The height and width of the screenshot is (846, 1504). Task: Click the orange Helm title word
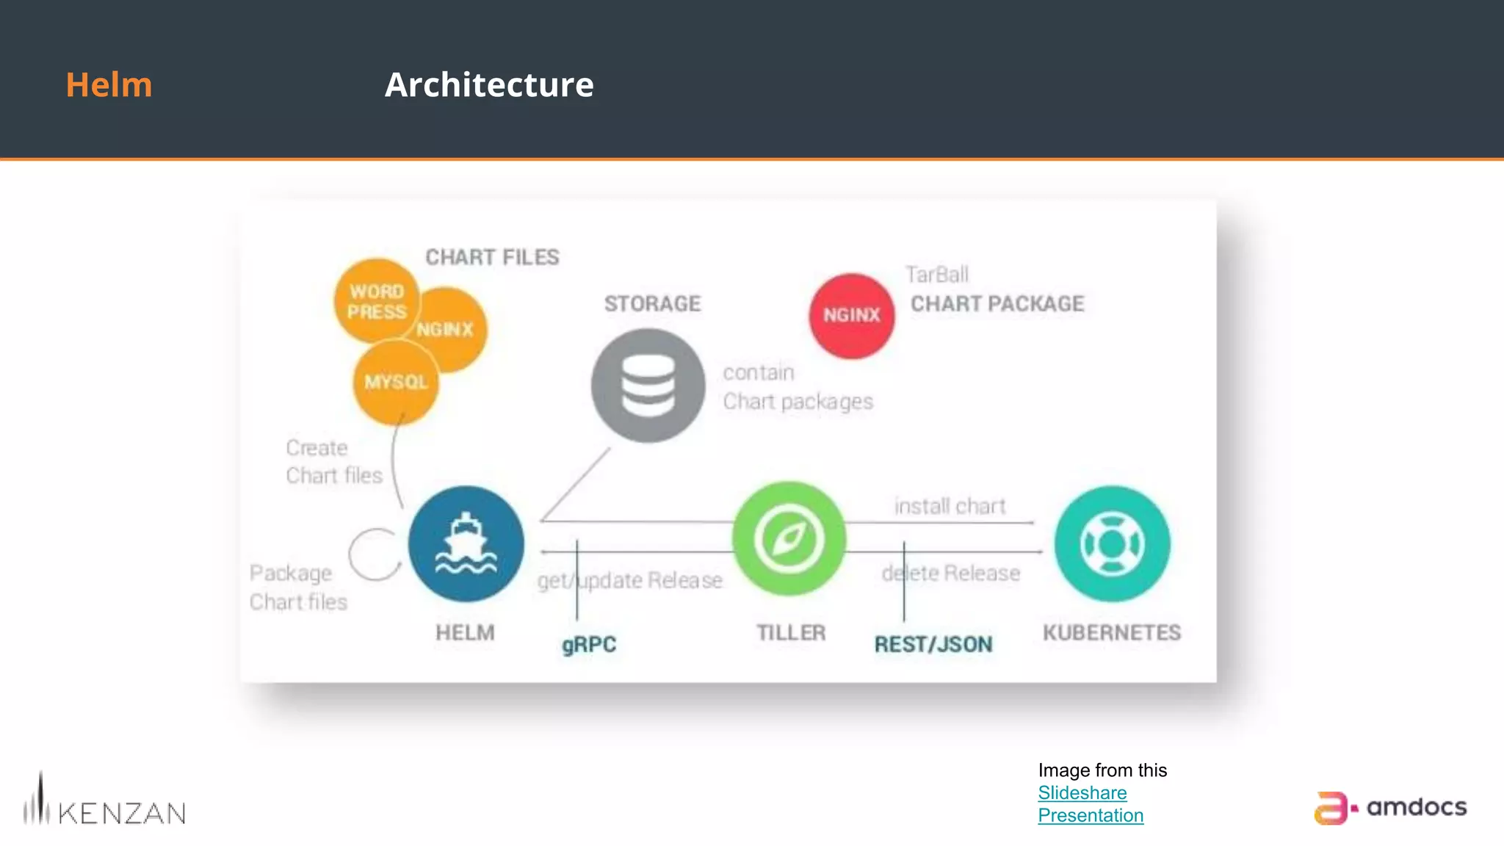(109, 84)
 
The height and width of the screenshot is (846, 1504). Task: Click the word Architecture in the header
(489, 84)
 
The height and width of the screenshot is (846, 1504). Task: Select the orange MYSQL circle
(396, 383)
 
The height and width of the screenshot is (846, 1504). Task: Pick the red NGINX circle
(852, 316)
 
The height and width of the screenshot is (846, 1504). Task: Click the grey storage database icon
(648, 386)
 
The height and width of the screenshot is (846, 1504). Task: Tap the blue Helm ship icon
(466, 544)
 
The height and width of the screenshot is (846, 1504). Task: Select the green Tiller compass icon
(789, 538)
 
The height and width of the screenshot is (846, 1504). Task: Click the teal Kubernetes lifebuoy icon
(1113, 544)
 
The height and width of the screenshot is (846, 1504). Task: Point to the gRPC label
(589, 644)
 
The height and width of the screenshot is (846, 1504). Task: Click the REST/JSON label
(933, 644)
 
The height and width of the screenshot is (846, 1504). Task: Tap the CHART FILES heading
(492, 257)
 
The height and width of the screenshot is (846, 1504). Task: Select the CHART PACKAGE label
(997, 303)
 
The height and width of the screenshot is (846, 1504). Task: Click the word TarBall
(937, 275)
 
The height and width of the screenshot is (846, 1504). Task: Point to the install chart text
(950, 506)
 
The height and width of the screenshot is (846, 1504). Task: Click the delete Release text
(951, 573)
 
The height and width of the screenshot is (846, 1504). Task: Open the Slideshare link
(1082, 793)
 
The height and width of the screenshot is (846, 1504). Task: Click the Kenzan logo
(104, 802)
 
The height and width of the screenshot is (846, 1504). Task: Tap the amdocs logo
(1390, 808)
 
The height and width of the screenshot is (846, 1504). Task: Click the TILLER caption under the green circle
(791, 632)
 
